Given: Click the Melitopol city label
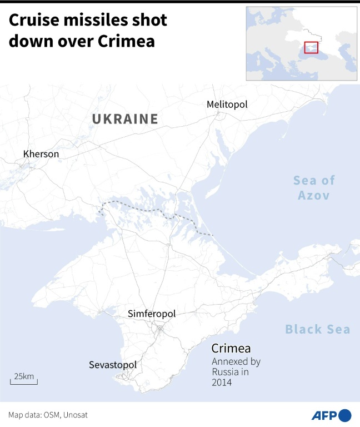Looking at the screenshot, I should click(x=227, y=105).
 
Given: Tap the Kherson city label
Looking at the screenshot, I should click(x=41, y=154).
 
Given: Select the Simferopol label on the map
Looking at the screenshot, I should click(x=152, y=314).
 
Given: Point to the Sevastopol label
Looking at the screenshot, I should click(x=112, y=365).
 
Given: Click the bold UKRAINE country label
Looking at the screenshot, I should click(x=125, y=119).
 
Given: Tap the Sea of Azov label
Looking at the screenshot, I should click(x=314, y=187).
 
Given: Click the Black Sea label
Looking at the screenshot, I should click(x=318, y=330).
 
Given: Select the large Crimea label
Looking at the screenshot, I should click(x=231, y=349).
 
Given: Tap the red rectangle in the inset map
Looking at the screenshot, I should click(x=311, y=48).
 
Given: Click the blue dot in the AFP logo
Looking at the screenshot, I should click(x=344, y=415).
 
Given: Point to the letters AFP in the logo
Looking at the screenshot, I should click(x=323, y=415).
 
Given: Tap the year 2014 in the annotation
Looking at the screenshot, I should click(x=222, y=383).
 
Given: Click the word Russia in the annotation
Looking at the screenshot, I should click(x=224, y=372).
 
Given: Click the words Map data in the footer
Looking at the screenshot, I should click(x=24, y=415).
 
